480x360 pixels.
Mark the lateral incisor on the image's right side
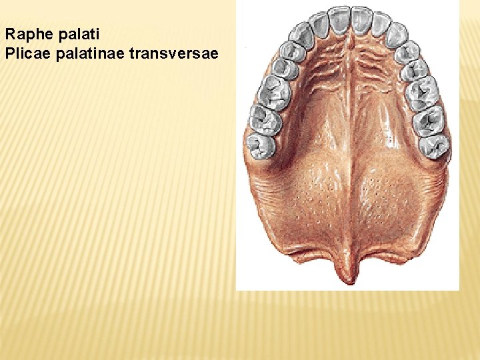point(381,24)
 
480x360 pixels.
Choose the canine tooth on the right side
point(397,34)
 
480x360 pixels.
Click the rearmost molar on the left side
point(261,145)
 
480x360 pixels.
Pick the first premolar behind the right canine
point(407,51)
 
